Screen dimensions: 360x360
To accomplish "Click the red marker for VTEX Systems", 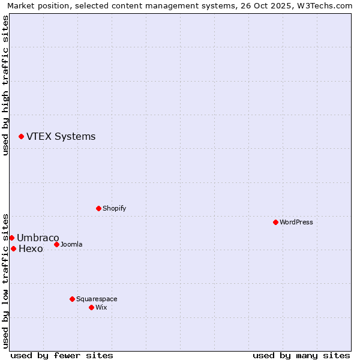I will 21,137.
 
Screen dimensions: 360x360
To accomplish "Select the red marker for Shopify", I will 98,208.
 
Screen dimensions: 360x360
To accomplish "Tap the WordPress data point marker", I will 275,222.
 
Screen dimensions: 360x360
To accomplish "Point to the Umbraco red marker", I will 11,238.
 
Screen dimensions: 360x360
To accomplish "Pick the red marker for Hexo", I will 13,248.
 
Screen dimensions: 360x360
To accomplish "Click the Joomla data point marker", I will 56,244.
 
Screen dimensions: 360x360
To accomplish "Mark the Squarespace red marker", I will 72,299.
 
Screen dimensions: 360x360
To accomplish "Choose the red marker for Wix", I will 91,307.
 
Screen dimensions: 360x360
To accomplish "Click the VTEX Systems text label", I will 61,137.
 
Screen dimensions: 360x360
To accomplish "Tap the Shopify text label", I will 114,208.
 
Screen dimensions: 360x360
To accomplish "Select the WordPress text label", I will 296,222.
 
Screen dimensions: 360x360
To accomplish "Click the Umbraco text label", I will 38,238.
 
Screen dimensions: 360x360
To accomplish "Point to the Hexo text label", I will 31,249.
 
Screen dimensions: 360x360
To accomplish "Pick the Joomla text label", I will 71,244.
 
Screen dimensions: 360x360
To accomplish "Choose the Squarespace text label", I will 97,299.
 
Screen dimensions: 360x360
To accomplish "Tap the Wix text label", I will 101,307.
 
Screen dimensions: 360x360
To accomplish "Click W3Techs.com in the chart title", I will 328,5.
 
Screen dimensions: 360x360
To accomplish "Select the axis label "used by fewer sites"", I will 62,355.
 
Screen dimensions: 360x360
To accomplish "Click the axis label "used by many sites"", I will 301,355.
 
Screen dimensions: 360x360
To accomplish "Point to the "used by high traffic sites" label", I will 5,85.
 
